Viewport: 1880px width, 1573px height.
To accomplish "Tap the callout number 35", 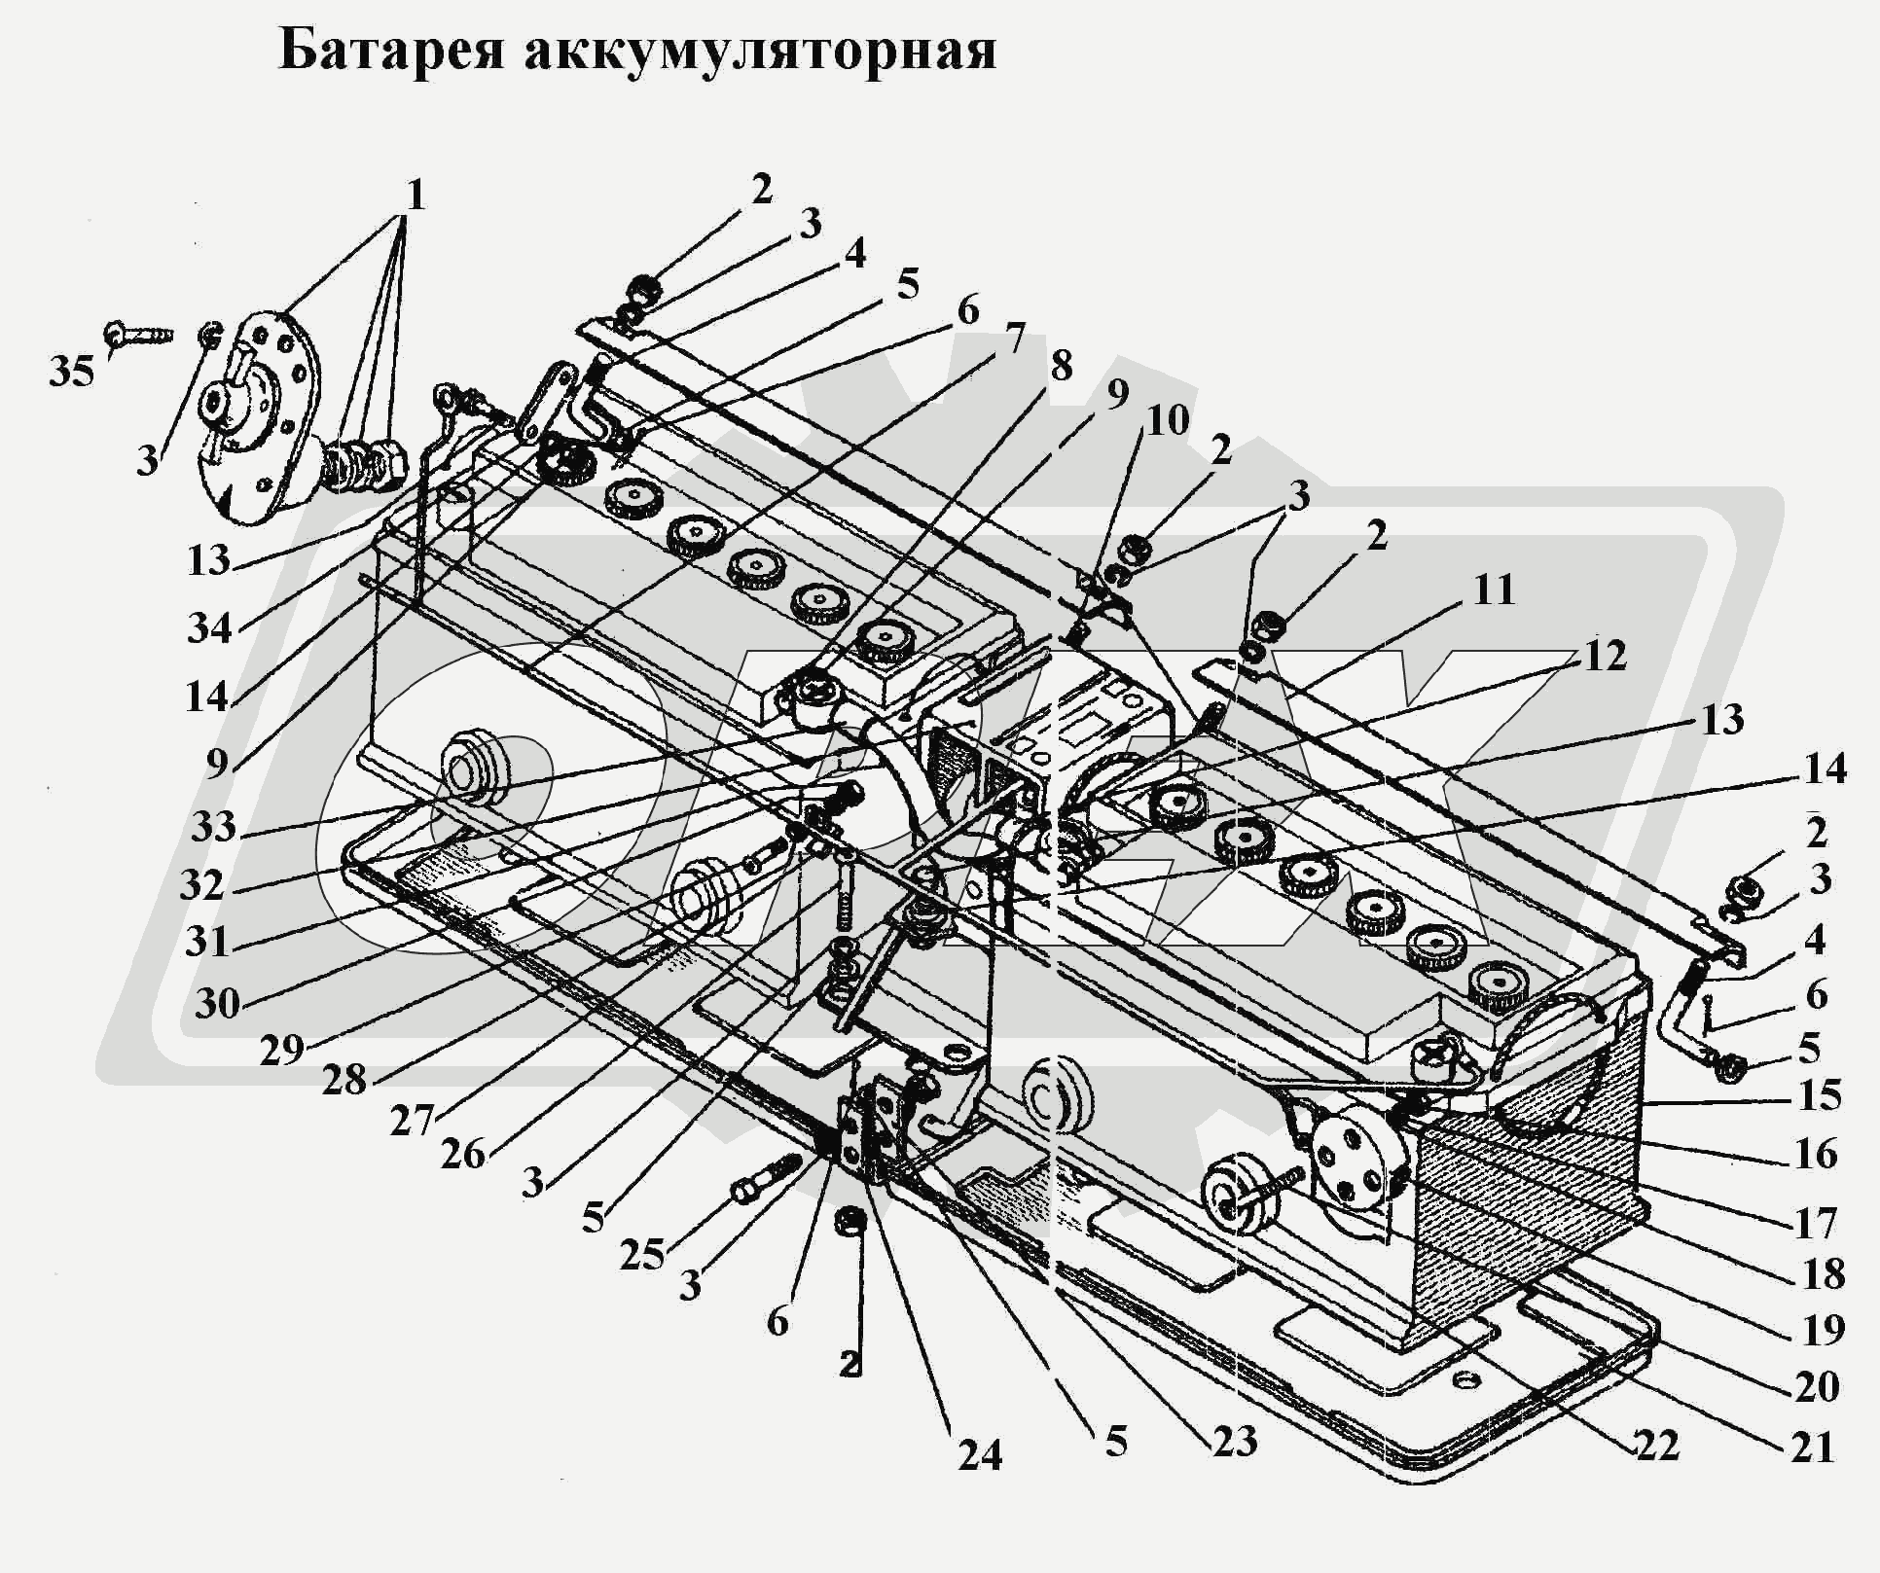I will pos(72,372).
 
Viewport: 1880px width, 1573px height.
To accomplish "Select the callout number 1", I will pos(416,197).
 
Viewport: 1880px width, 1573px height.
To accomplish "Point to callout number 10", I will pos(1168,421).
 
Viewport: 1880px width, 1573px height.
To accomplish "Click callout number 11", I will pos(1494,590).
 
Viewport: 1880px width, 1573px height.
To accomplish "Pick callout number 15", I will pos(1819,1095).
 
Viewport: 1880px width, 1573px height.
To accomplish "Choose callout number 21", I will pos(1812,1448).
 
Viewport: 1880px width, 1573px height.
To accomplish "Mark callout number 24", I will pos(979,1455).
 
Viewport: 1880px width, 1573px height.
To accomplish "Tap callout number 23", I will pos(1235,1441).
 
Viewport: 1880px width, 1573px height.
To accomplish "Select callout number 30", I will pos(217,1003).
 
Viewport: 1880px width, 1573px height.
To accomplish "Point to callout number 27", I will pos(412,1122).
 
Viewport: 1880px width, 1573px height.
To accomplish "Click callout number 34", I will pos(210,628).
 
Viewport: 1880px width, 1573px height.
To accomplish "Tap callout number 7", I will pos(1014,340).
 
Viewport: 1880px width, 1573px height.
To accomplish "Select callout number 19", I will pos(1823,1329).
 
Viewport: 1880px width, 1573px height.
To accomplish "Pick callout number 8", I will pos(1060,367).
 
